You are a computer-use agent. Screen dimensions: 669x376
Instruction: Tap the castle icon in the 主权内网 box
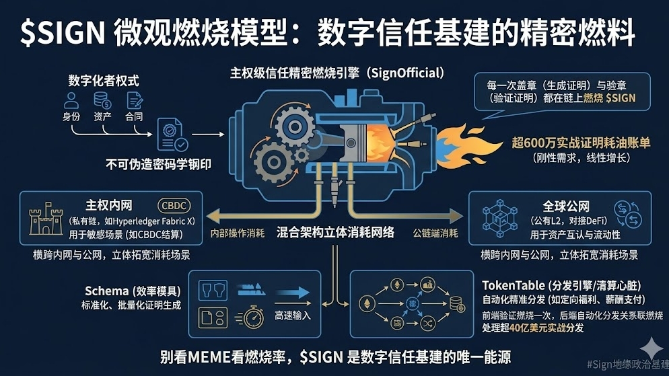point(46,219)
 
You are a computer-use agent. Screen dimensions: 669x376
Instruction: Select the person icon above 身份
point(71,101)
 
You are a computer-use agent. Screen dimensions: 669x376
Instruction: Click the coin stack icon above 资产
point(102,101)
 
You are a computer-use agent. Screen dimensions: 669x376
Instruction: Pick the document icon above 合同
point(133,101)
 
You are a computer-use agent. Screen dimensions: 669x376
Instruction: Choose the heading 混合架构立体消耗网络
point(334,233)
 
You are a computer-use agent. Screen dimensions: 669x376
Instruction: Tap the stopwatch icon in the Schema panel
point(253,316)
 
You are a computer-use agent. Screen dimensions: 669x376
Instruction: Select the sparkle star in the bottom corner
point(650,348)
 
